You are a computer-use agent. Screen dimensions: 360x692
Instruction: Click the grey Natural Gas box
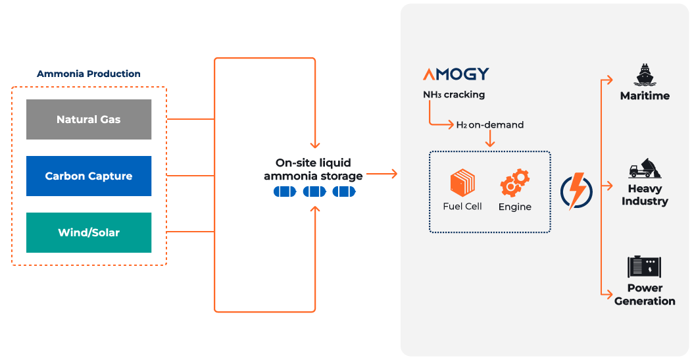pos(89,120)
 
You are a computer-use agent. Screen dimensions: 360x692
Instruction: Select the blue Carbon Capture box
pos(89,176)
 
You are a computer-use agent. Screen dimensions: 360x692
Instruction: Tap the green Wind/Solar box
pos(89,233)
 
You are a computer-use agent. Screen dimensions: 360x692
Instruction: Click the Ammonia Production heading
pos(89,74)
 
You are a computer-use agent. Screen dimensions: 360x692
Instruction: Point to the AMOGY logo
pos(456,74)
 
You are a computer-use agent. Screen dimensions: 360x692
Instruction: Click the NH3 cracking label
pos(454,95)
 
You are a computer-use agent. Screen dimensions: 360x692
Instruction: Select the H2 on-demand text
pos(490,124)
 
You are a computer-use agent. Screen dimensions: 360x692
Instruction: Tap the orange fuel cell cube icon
pos(462,182)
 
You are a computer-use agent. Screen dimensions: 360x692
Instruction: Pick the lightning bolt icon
pos(577,191)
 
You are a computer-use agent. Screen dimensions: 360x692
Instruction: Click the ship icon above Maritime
pos(644,74)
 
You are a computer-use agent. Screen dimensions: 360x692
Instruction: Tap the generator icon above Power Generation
pos(644,267)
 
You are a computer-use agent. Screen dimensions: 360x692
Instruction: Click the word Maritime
pos(645,96)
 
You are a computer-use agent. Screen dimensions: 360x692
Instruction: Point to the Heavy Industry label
pos(645,195)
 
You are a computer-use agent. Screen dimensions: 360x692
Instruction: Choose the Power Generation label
pos(645,295)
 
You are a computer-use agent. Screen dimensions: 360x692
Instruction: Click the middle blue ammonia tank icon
pos(314,192)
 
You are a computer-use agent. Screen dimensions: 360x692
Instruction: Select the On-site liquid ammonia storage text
pos(313,169)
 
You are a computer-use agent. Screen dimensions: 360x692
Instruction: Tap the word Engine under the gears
pos(514,207)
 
